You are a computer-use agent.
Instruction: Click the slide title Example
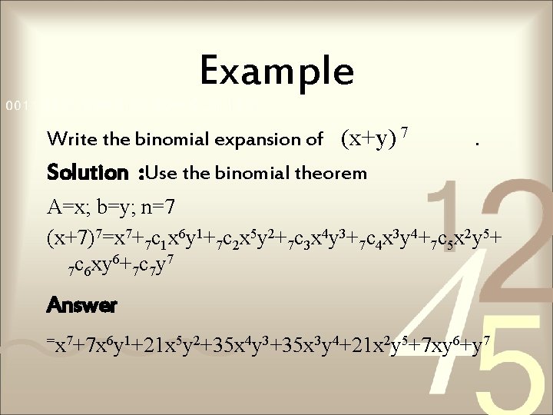tap(276, 71)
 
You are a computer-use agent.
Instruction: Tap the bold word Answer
tap(81, 306)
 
